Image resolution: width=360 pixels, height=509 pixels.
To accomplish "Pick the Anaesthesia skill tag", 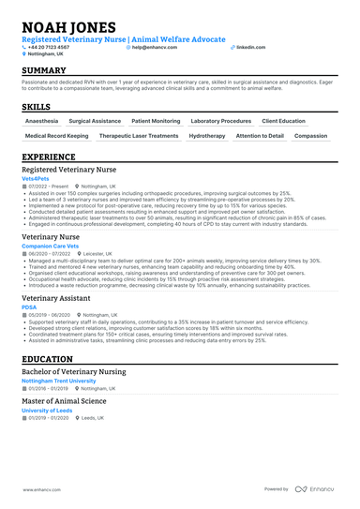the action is (x=41, y=121).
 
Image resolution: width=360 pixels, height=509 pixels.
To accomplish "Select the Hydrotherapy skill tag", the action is (x=206, y=136).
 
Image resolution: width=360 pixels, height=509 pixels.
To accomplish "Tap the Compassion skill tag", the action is (x=310, y=136).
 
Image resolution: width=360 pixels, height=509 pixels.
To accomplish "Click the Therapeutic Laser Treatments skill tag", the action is (x=138, y=136).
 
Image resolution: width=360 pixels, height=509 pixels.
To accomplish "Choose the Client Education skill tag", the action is (x=283, y=121).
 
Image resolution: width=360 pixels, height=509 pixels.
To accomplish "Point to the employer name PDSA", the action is (x=29, y=307).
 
